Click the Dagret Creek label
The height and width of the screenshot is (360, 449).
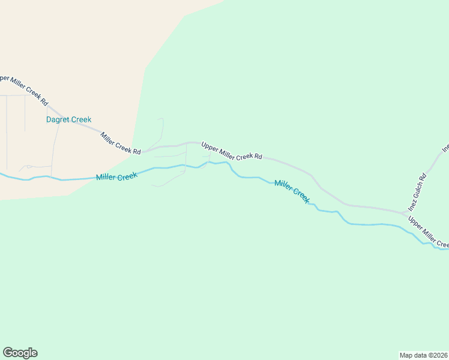69,119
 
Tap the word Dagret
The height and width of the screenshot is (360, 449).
58,119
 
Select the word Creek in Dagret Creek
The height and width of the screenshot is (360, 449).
82,119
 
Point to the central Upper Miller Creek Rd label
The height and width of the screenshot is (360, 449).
232,151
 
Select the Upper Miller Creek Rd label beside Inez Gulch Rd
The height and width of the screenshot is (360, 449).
428,232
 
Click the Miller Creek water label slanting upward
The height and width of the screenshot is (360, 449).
116,176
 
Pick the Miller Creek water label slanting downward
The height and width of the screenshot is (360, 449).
292,191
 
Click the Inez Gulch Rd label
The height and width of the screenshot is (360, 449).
417,193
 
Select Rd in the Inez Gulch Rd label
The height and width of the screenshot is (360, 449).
423,178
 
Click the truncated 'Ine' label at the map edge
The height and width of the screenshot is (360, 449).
445,148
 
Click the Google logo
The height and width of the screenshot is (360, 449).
20,353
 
